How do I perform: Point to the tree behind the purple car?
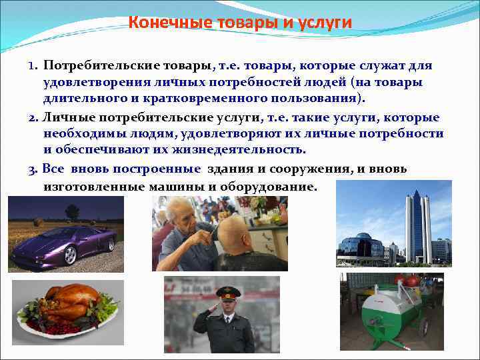pyautogui.click(x=71, y=213)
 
